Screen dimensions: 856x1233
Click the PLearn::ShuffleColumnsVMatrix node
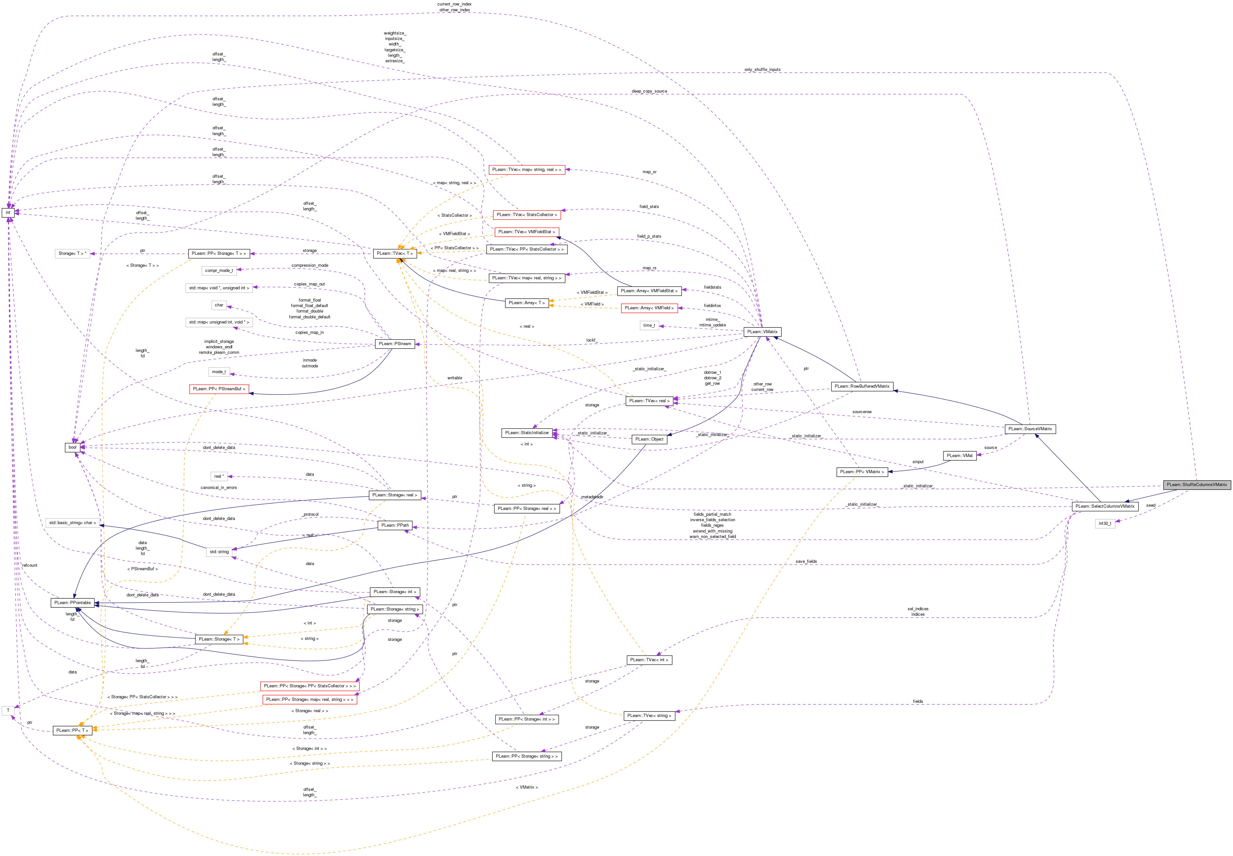point(1196,484)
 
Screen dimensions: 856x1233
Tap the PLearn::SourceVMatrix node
point(1030,429)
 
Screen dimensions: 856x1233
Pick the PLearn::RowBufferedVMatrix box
point(862,386)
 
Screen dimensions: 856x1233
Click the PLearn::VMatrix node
point(762,332)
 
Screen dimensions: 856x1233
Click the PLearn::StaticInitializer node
point(527,432)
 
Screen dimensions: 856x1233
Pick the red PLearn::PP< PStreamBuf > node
point(219,389)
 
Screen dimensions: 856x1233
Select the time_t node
point(649,325)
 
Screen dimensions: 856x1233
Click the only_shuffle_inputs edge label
point(762,70)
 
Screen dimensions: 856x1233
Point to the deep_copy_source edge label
point(649,91)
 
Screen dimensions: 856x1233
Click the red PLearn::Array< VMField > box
point(649,308)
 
